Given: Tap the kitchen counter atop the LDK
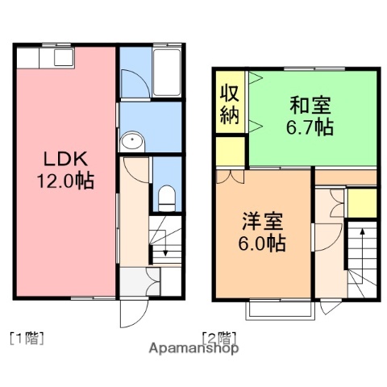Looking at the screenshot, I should [44, 58].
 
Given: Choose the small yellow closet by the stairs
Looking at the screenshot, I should [362, 204].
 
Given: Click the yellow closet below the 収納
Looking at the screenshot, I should [231, 150].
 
